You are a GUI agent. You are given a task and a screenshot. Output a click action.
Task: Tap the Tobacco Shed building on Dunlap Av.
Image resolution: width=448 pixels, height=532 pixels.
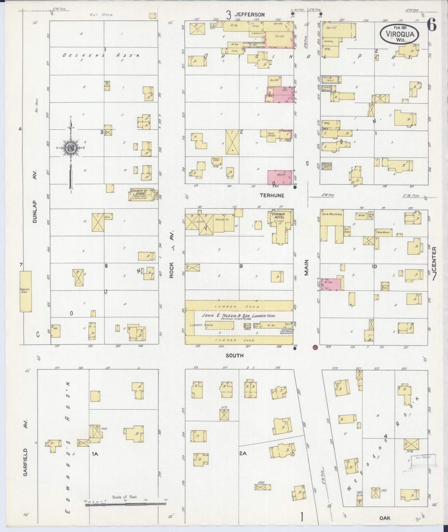pos(26,291)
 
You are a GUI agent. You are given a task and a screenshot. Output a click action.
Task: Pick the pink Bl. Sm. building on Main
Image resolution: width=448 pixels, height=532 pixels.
pos(331,284)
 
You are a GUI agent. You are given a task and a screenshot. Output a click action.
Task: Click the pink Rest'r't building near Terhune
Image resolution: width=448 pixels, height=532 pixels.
pos(280,177)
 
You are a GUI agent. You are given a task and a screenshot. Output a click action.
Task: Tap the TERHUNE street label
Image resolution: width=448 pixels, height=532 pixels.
pos(272,196)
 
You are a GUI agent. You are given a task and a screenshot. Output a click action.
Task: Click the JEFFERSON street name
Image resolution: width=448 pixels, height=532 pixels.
pos(249,14)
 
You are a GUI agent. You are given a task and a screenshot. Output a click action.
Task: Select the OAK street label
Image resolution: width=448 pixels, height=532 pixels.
pos(385,518)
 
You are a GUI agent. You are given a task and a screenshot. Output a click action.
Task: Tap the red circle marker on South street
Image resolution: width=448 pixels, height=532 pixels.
pos(315,347)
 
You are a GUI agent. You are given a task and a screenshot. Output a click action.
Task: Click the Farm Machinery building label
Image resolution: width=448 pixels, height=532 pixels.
pos(332,214)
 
